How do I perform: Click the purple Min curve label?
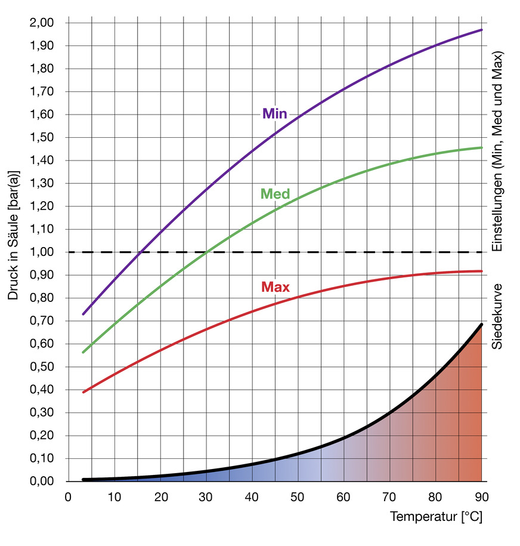coord(274,114)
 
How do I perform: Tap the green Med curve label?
coord(275,194)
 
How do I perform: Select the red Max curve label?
coord(276,287)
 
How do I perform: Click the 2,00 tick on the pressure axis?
coord(41,23)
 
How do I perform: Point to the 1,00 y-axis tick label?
coord(41,252)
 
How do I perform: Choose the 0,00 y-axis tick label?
coord(41,482)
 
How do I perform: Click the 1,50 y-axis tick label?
coord(41,138)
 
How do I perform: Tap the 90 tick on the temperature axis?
coord(482,497)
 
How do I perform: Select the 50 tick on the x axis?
coord(298,497)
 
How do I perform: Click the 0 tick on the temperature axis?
coord(68,497)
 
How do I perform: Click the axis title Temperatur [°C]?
coord(436,517)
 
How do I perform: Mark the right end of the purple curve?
coord(482,30)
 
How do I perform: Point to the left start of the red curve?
coord(83,392)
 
